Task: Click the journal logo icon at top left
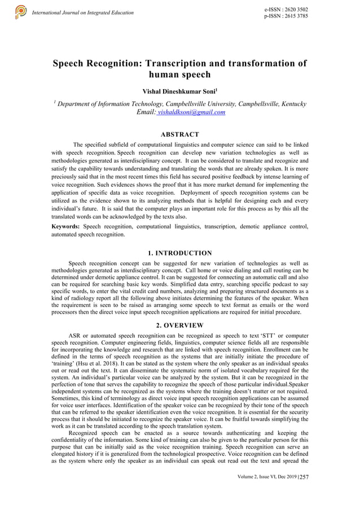click(x=21, y=11)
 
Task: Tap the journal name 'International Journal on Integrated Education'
click(x=83, y=12)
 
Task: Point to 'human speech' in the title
click(x=179, y=75)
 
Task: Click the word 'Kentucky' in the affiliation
click(x=291, y=104)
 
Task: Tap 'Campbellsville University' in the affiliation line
click(x=204, y=104)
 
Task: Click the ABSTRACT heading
click(x=179, y=134)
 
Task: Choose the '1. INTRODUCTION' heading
click(x=179, y=253)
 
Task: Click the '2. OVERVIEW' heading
click(x=179, y=325)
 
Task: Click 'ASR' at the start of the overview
click(x=74, y=336)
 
